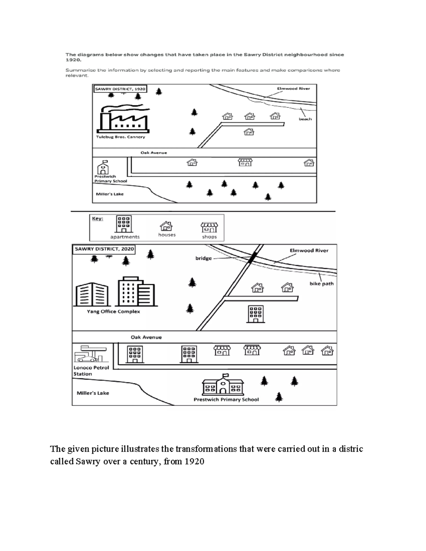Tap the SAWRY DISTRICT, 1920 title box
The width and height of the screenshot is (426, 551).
tap(120, 89)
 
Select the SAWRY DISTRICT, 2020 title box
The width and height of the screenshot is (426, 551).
tap(104, 249)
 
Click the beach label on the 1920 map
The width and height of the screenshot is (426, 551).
tap(305, 119)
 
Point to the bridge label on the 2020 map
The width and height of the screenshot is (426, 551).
tap(203, 258)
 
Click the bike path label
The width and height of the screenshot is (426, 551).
tap(321, 284)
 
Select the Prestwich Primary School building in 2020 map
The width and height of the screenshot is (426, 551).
tap(223, 385)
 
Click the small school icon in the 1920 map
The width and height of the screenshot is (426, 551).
tap(103, 167)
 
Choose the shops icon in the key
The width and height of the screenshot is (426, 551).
tap(209, 227)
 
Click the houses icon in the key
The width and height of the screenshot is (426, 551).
tap(166, 226)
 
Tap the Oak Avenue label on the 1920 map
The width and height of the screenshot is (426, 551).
tap(153, 153)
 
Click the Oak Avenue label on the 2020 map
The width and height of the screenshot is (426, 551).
tap(146, 337)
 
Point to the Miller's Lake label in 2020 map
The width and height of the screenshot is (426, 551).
tap(93, 393)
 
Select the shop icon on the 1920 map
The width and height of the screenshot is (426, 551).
tap(245, 162)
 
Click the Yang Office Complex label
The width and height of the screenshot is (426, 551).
tap(113, 312)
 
